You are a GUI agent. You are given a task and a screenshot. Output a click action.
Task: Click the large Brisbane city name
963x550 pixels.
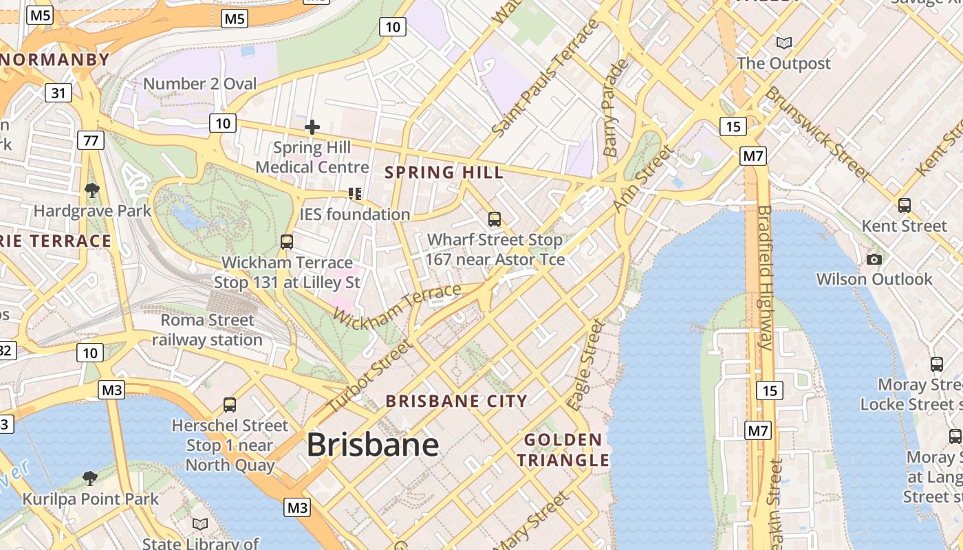[x=372, y=445]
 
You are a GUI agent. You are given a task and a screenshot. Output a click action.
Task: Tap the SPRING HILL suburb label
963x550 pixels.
[x=444, y=172]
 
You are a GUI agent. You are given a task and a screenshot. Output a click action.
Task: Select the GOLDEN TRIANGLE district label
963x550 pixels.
[x=563, y=450]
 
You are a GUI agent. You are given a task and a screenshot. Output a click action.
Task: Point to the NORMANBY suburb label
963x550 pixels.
[x=55, y=60]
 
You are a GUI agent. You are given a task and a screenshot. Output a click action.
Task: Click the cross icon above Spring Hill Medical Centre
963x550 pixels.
[x=312, y=127]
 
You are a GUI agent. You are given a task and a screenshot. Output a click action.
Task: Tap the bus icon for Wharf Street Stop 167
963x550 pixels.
[x=494, y=219]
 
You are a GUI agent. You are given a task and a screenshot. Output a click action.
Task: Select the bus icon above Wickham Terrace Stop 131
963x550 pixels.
[x=287, y=242]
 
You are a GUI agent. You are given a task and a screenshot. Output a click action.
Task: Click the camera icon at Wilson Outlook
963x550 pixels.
[x=874, y=259]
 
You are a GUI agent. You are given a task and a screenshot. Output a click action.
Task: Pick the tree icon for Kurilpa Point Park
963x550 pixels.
[x=89, y=478]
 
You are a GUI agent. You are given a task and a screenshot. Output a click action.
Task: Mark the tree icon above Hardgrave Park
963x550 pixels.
[x=91, y=190]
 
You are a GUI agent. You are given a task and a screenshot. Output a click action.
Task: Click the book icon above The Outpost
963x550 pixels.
[x=783, y=43]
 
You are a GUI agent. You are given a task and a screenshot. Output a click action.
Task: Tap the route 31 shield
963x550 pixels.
[x=58, y=93]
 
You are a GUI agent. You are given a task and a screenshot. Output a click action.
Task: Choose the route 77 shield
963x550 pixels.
[x=90, y=141]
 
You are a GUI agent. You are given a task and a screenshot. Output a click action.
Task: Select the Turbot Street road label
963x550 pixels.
[x=368, y=377]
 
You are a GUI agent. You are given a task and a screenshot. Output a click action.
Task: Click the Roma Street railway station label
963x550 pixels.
[x=207, y=330]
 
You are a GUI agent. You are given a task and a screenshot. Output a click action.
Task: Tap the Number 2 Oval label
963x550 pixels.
[x=199, y=84]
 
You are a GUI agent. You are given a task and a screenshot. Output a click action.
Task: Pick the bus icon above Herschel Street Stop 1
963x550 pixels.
[x=230, y=405]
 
